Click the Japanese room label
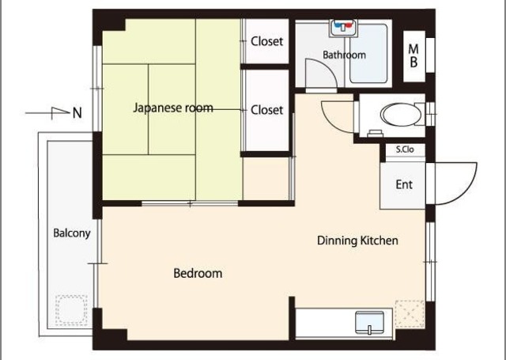(x=173, y=108)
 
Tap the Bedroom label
(x=198, y=274)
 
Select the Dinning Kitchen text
(x=357, y=241)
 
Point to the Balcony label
(x=72, y=233)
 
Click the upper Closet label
(x=267, y=41)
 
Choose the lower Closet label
(x=267, y=110)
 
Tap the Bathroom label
(x=345, y=55)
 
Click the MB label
(x=413, y=56)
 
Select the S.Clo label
(x=405, y=150)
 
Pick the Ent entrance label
(x=404, y=184)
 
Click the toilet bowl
(x=401, y=115)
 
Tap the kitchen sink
(x=369, y=323)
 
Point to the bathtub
(x=368, y=54)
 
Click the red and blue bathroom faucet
(x=343, y=26)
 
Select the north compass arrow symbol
(x=47, y=112)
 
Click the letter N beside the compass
(x=77, y=113)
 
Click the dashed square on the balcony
(x=71, y=310)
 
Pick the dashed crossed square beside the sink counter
(x=410, y=314)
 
